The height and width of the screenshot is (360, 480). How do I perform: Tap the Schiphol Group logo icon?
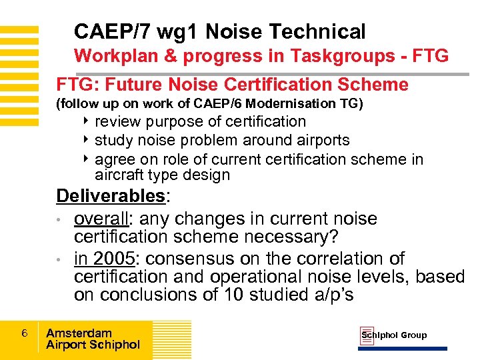pos(367,335)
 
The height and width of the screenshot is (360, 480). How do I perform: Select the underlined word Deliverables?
pos(110,196)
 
